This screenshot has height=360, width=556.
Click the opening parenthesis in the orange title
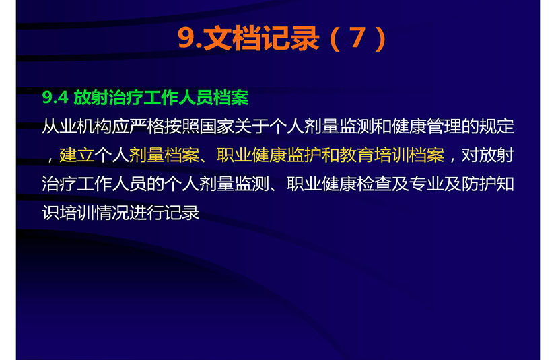(335, 38)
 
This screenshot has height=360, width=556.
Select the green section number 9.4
(55, 98)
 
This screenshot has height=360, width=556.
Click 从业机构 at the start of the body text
(77, 127)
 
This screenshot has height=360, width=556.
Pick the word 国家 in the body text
(216, 127)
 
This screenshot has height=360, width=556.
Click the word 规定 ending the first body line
(496, 127)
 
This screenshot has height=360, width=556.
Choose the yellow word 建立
(77, 155)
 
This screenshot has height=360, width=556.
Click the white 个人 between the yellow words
(111, 155)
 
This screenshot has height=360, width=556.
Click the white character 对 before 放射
(470, 155)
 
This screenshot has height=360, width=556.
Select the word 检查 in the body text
(374, 184)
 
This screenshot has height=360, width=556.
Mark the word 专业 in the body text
(426, 184)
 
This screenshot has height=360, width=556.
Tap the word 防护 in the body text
(479, 184)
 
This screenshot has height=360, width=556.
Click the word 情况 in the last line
(111, 213)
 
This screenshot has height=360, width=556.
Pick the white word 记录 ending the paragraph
(182, 213)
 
